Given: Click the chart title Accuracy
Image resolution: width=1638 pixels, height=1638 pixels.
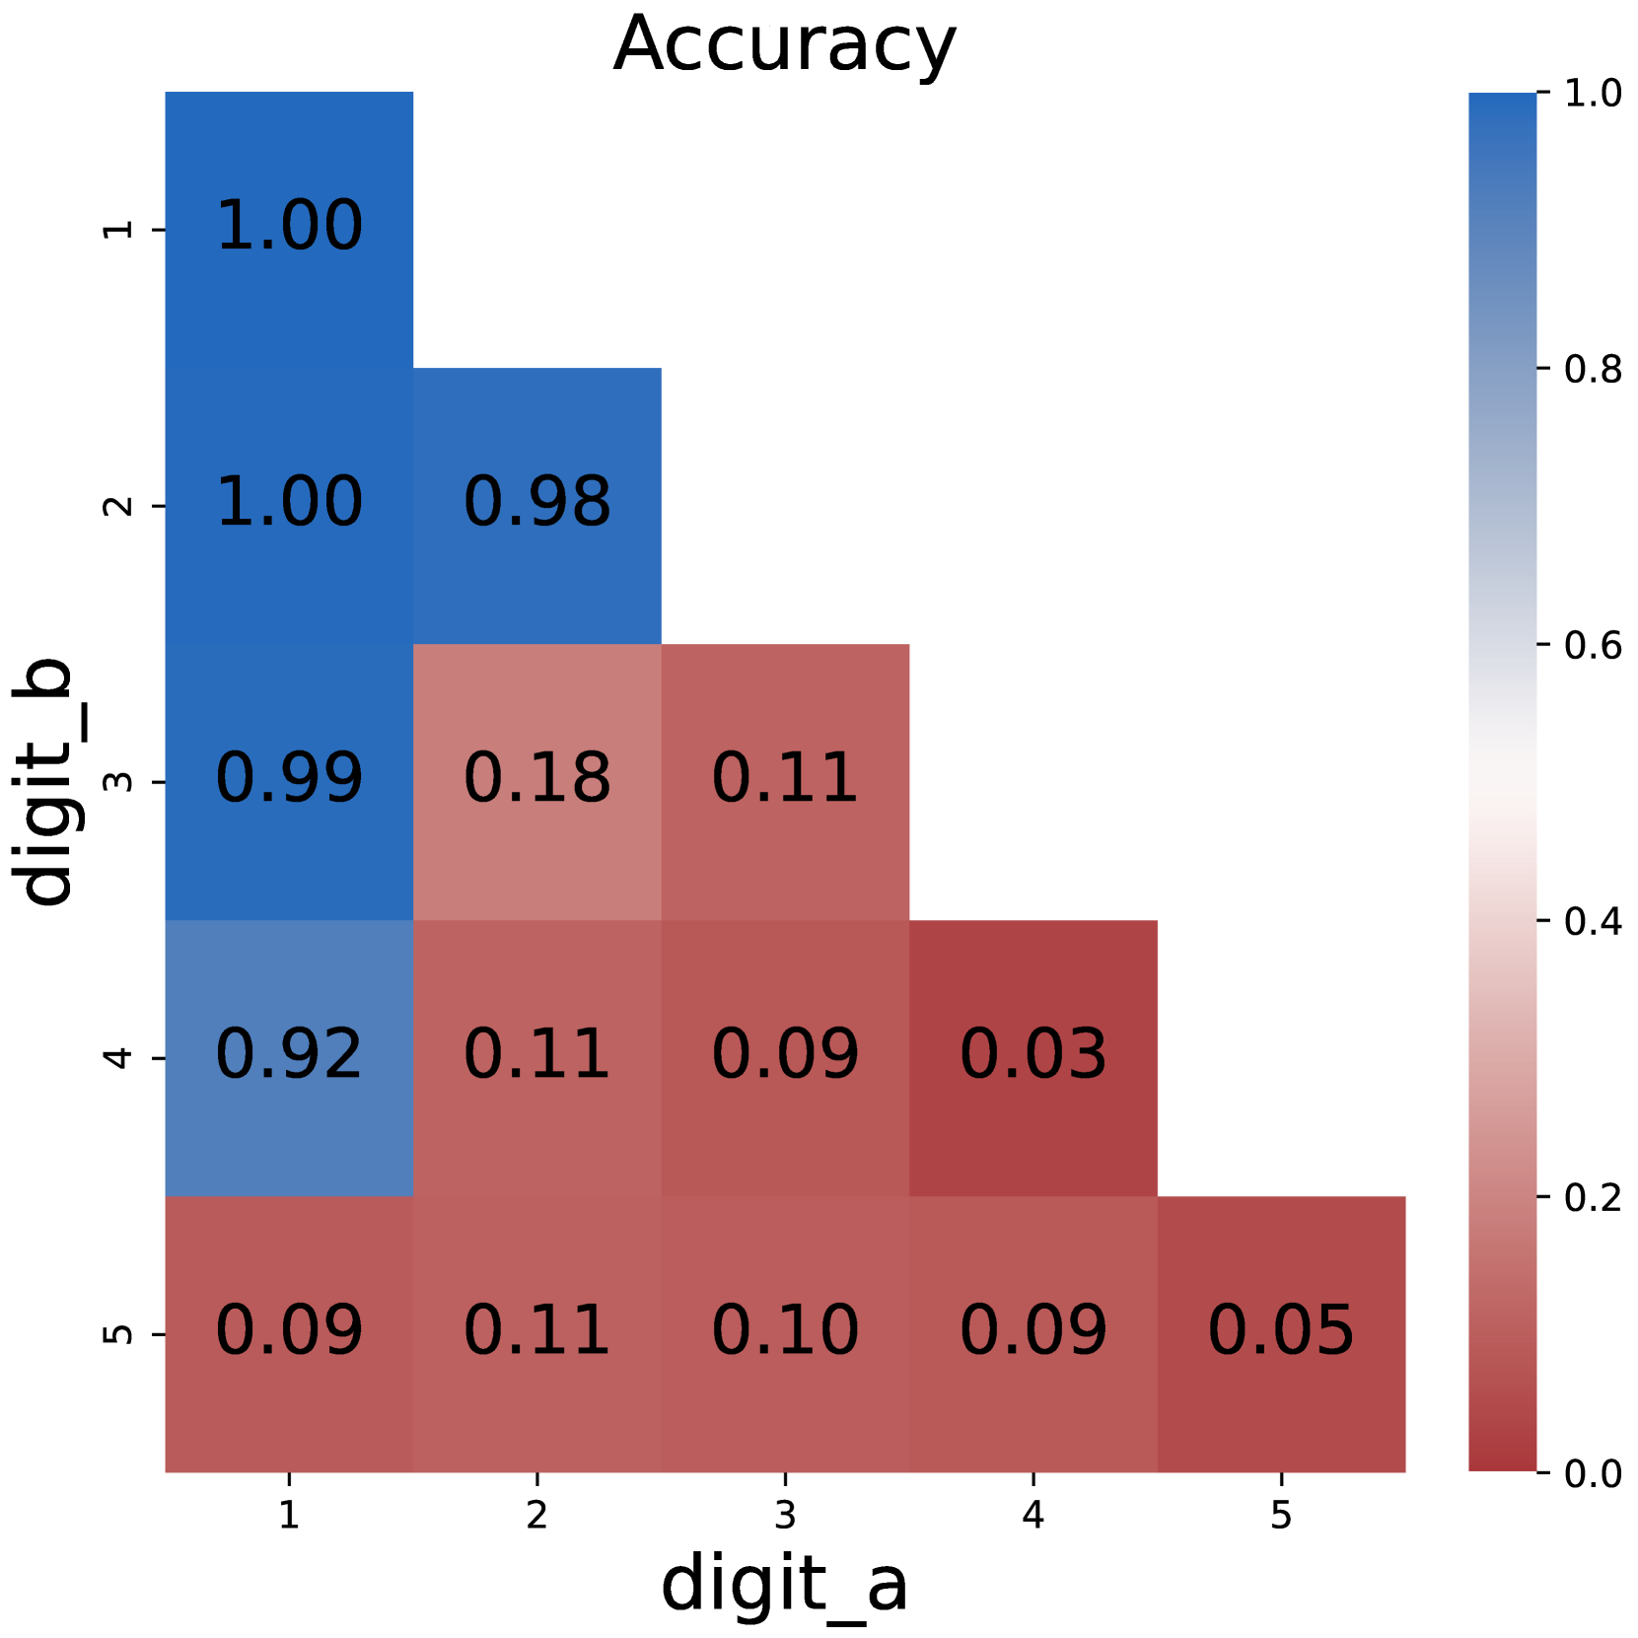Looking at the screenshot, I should click(x=784, y=44).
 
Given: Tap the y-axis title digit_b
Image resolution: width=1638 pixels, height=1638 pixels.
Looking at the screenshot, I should click(x=47, y=781).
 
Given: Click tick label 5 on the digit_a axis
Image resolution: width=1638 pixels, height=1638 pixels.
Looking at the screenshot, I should click(x=1280, y=1515).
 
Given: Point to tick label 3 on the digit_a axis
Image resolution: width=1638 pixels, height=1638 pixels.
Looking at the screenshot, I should click(x=785, y=1515).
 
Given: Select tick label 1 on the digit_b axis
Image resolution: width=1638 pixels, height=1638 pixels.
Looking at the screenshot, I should click(x=118, y=230).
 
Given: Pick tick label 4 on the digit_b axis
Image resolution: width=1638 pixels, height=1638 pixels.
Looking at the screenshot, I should click(x=118, y=1058).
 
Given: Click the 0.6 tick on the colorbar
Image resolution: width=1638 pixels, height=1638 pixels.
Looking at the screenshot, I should click(x=1593, y=646).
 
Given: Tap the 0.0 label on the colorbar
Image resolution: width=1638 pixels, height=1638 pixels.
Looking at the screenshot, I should click(x=1593, y=1474).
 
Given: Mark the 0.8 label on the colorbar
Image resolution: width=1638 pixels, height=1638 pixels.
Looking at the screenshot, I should click(x=1593, y=370).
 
